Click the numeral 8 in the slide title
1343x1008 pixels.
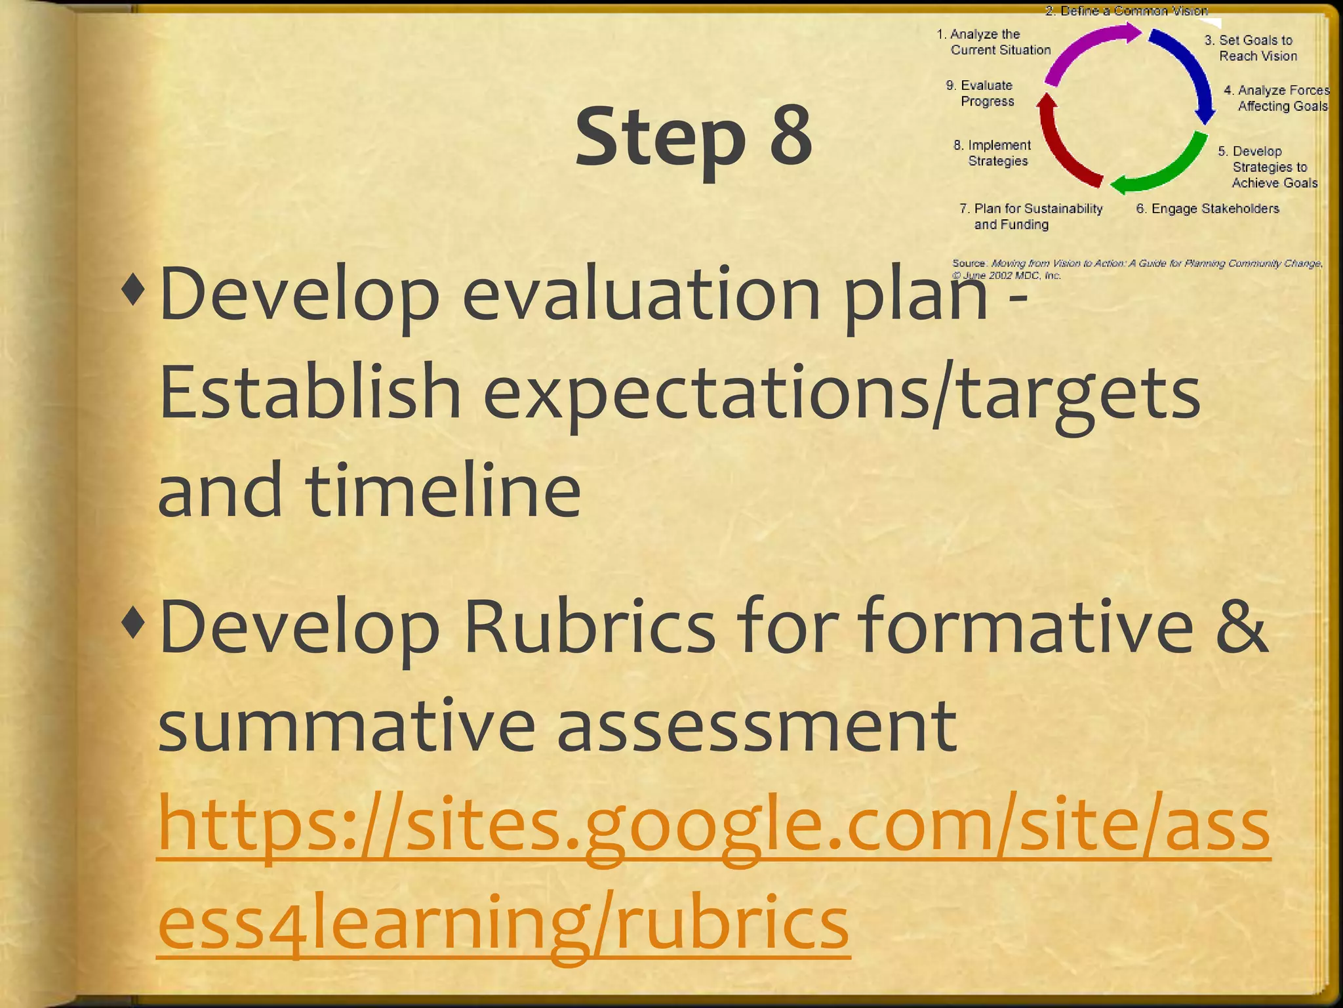coord(790,136)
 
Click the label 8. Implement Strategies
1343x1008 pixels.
coord(992,153)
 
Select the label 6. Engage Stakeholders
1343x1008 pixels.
coord(1207,209)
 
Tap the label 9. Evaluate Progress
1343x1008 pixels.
coord(981,93)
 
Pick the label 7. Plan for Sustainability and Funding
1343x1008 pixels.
coord(1030,217)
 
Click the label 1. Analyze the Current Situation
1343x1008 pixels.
coord(993,42)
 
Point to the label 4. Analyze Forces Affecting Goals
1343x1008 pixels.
coord(1276,98)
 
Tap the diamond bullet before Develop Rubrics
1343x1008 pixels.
coord(133,624)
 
